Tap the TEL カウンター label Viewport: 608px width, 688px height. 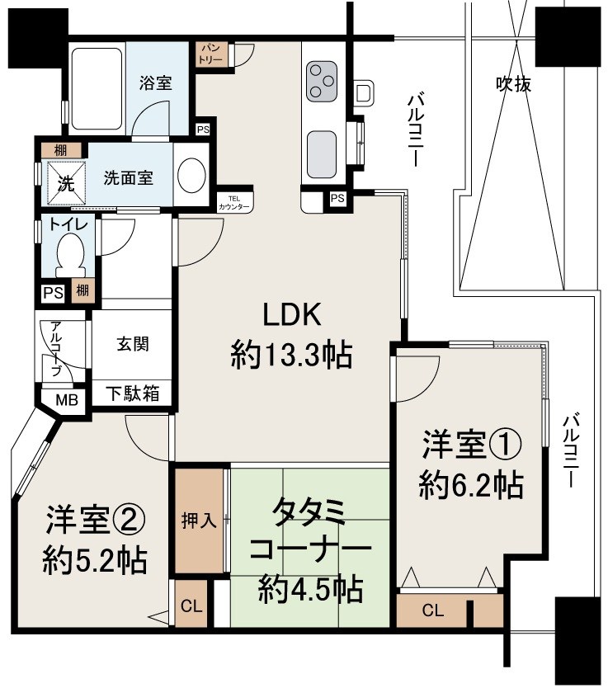pyautogui.click(x=235, y=203)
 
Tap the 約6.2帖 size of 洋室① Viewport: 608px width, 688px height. pyautogui.click(x=470, y=486)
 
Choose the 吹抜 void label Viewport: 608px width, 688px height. pyautogui.click(x=512, y=82)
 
